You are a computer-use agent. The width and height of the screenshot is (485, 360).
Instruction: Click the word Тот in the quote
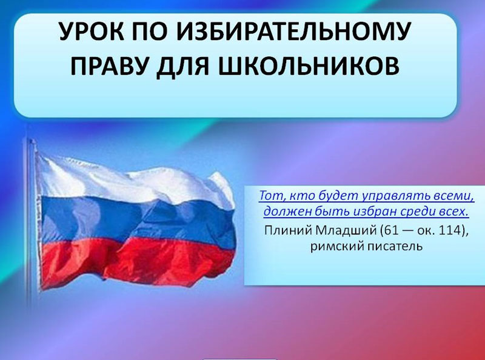pyautogui.click(x=270, y=196)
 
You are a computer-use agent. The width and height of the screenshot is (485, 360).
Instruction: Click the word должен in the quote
pyautogui.click(x=285, y=212)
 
